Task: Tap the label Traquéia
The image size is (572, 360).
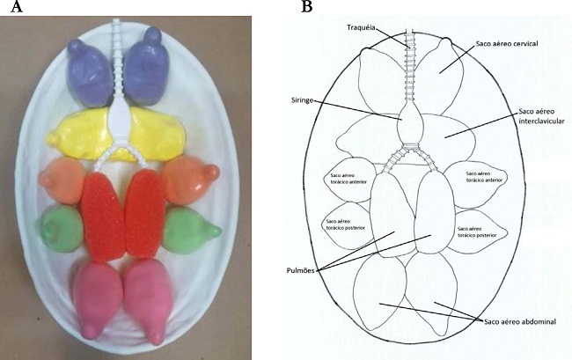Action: click(x=363, y=28)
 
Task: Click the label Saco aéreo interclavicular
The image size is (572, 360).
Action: click(x=539, y=114)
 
